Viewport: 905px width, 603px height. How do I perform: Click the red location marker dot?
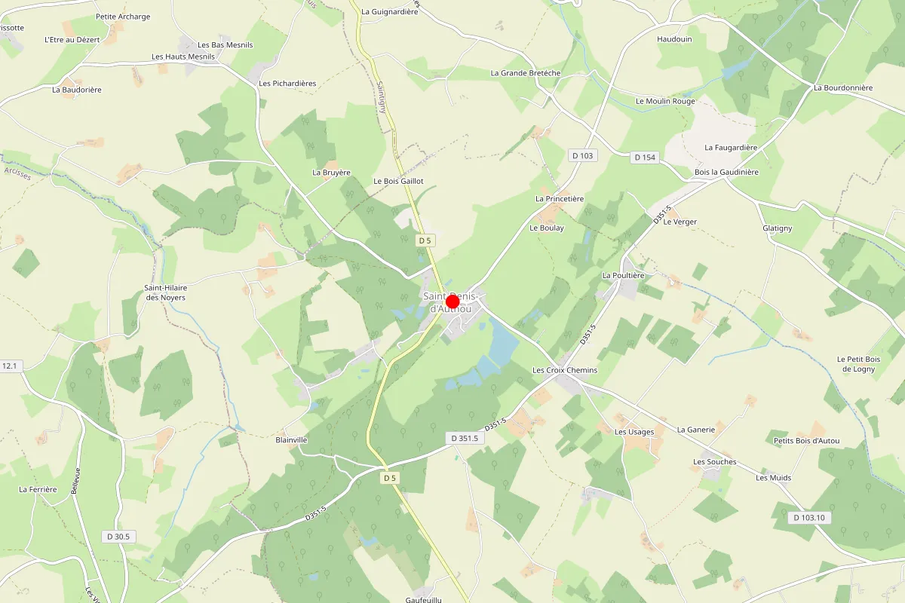(x=452, y=302)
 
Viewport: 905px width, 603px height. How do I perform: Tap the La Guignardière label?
(x=389, y=11)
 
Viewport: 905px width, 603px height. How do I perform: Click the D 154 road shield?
(x=645, y=157)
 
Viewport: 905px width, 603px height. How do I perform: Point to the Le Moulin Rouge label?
(x=665, y=101)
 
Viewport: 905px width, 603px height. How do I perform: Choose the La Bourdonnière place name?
(x=842, y=87)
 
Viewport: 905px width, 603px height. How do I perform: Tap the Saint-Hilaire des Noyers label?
(x=165, y=292)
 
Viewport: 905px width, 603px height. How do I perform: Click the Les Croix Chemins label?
(x=564, y=370)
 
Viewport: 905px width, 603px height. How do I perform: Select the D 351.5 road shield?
(x=465, y=438)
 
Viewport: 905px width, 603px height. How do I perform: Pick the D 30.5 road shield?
(x=118, y=536)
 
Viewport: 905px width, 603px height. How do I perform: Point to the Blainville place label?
(x=292, y=439)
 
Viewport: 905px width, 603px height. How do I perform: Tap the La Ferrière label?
(x=38, y=489)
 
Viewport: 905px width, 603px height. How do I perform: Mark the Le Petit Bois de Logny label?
(x=858, y=364)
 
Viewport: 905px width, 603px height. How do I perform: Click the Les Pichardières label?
(x=287, y=83)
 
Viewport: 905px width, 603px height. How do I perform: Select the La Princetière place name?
(x=560, y=198)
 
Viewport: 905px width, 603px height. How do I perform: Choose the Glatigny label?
(x=777, y=228)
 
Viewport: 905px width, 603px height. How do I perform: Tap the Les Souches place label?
(x=714, y=462)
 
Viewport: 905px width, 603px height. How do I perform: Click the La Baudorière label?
(x=77, y=90)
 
